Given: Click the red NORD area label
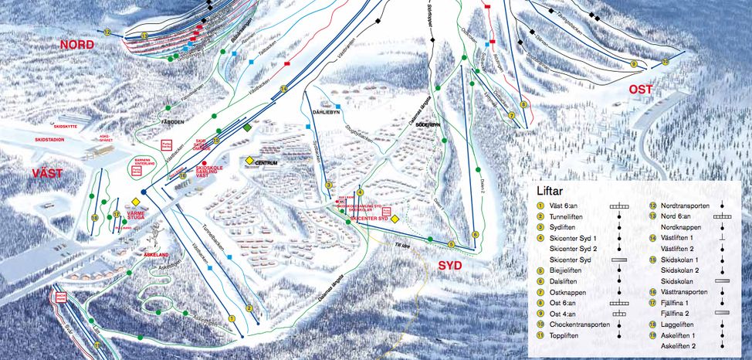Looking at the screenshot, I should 76,46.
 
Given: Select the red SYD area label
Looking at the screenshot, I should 455,266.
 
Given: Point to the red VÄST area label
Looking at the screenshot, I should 47,173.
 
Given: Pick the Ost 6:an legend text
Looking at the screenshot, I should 567,304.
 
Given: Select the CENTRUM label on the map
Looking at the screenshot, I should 266,163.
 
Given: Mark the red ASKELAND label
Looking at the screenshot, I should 155,253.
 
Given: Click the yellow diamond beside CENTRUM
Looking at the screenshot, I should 250,161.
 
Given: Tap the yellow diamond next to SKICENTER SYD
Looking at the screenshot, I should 395,219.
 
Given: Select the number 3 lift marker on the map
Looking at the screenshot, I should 328,185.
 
